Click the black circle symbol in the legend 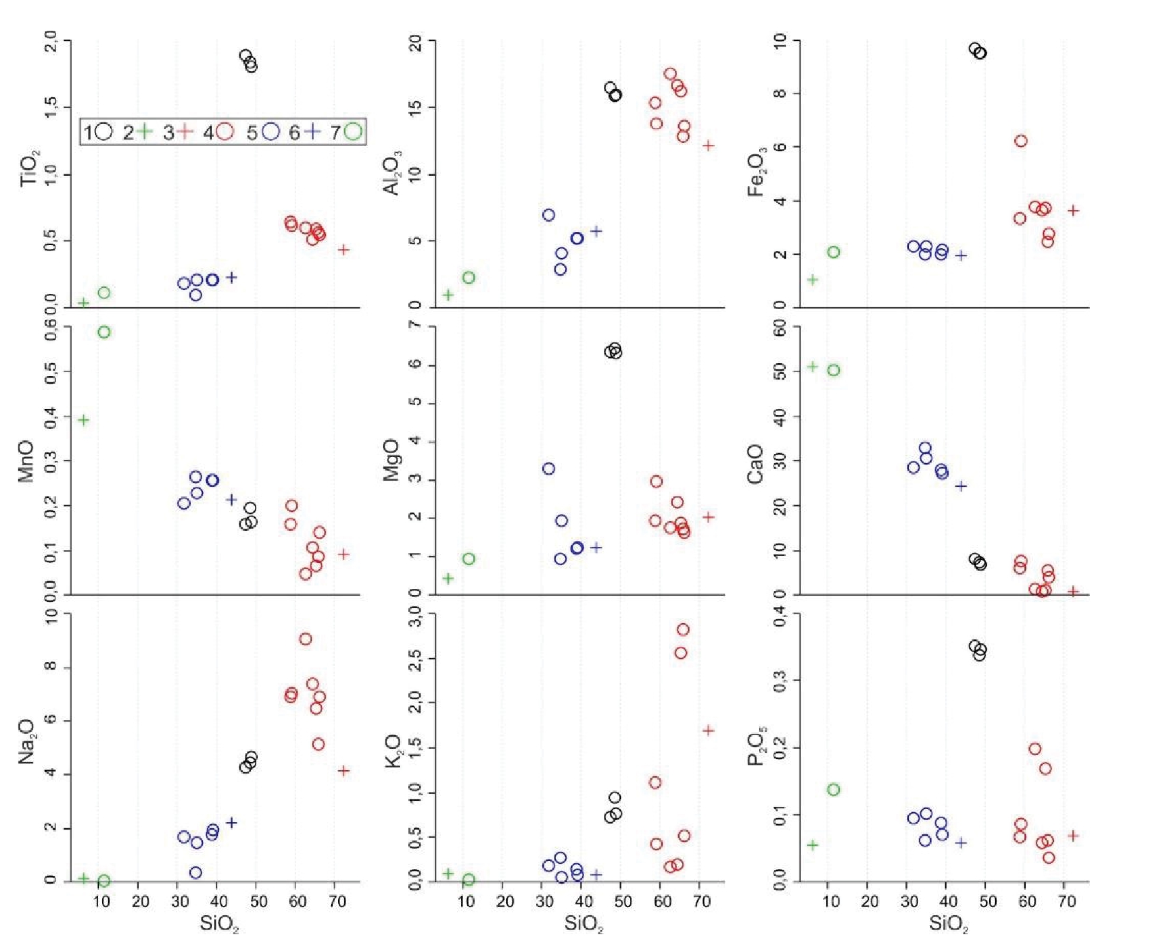(104, 131)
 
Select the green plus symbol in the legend (144, 131)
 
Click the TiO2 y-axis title (30, 168)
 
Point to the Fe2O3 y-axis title (756, 174)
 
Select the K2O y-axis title (393, 751)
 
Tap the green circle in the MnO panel (104, 332)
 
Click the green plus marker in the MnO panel (83, 420)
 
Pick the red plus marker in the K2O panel (709, 730)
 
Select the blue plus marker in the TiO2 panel (232, 277)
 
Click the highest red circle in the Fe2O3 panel (1020, 141)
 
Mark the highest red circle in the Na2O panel (306, 639)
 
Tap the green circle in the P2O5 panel (834, 789)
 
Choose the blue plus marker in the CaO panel (961, 486)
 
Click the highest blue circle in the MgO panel (548, 468)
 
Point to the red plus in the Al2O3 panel (709, 145)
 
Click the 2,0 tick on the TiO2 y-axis (51, 42)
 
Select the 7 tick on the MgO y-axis (414, 327)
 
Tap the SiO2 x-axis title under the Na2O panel (220, 925)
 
